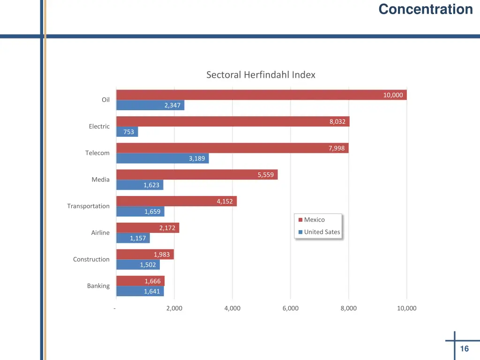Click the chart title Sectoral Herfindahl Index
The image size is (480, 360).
coord(261,75)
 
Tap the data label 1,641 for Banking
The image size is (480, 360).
coord(152,292)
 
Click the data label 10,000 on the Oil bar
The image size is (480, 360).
coord(393,95)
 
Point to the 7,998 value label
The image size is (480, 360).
coord(337,148)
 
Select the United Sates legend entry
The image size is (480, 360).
coord(322,232)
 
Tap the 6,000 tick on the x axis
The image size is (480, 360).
coord(291,308)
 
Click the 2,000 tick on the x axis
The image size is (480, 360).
coord(174,308)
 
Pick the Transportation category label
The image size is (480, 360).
coord(88,206)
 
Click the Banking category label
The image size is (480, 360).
coord(98,286)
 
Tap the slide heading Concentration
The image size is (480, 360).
coord(426,9)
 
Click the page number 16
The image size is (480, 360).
coord(465,349)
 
